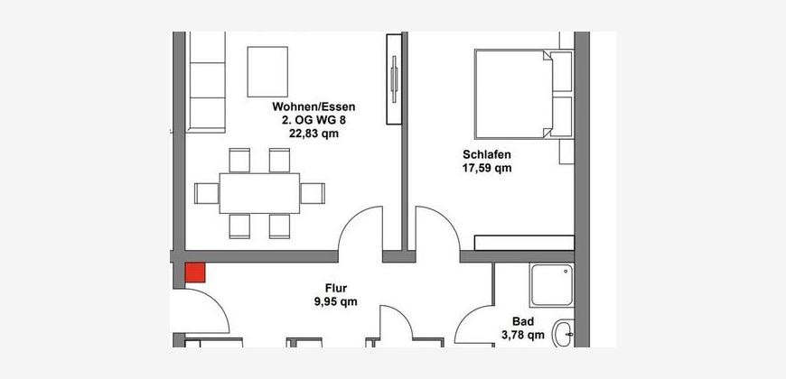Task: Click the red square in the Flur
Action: pyautogui.click(x=195, y=273)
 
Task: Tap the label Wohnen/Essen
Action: pyautogui.click(x=313, y=106)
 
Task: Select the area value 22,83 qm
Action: pyautogui.click(x=313, y=134)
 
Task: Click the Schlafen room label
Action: pyautogui.click(x=487, y=154)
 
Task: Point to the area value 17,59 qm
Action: pyautogui.click(x=487, y=168)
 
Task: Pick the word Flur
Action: pyautogui.click(x=336, y=288)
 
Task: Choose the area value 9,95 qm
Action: pyautogui.click(x=336, y=301)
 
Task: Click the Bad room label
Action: pyautogui.click(x=523, y=321)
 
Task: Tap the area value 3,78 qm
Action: pyautogui.click(x=523, y=335)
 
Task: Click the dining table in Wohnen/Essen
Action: pyautogui.click(x=259, y=193)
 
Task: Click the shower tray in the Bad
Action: pyautogui.click(x=552, y=285)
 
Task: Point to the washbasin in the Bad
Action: pyautogui.click(x=564, y=334)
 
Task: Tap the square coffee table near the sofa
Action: pyautogui.click(x=267, y=71)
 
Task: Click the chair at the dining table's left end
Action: pyautogui.click(x=207, y=193)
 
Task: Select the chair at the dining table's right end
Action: pyautogui.click(x=313, y=193)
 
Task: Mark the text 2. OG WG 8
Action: pyautogui.click(x=313, y=120)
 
